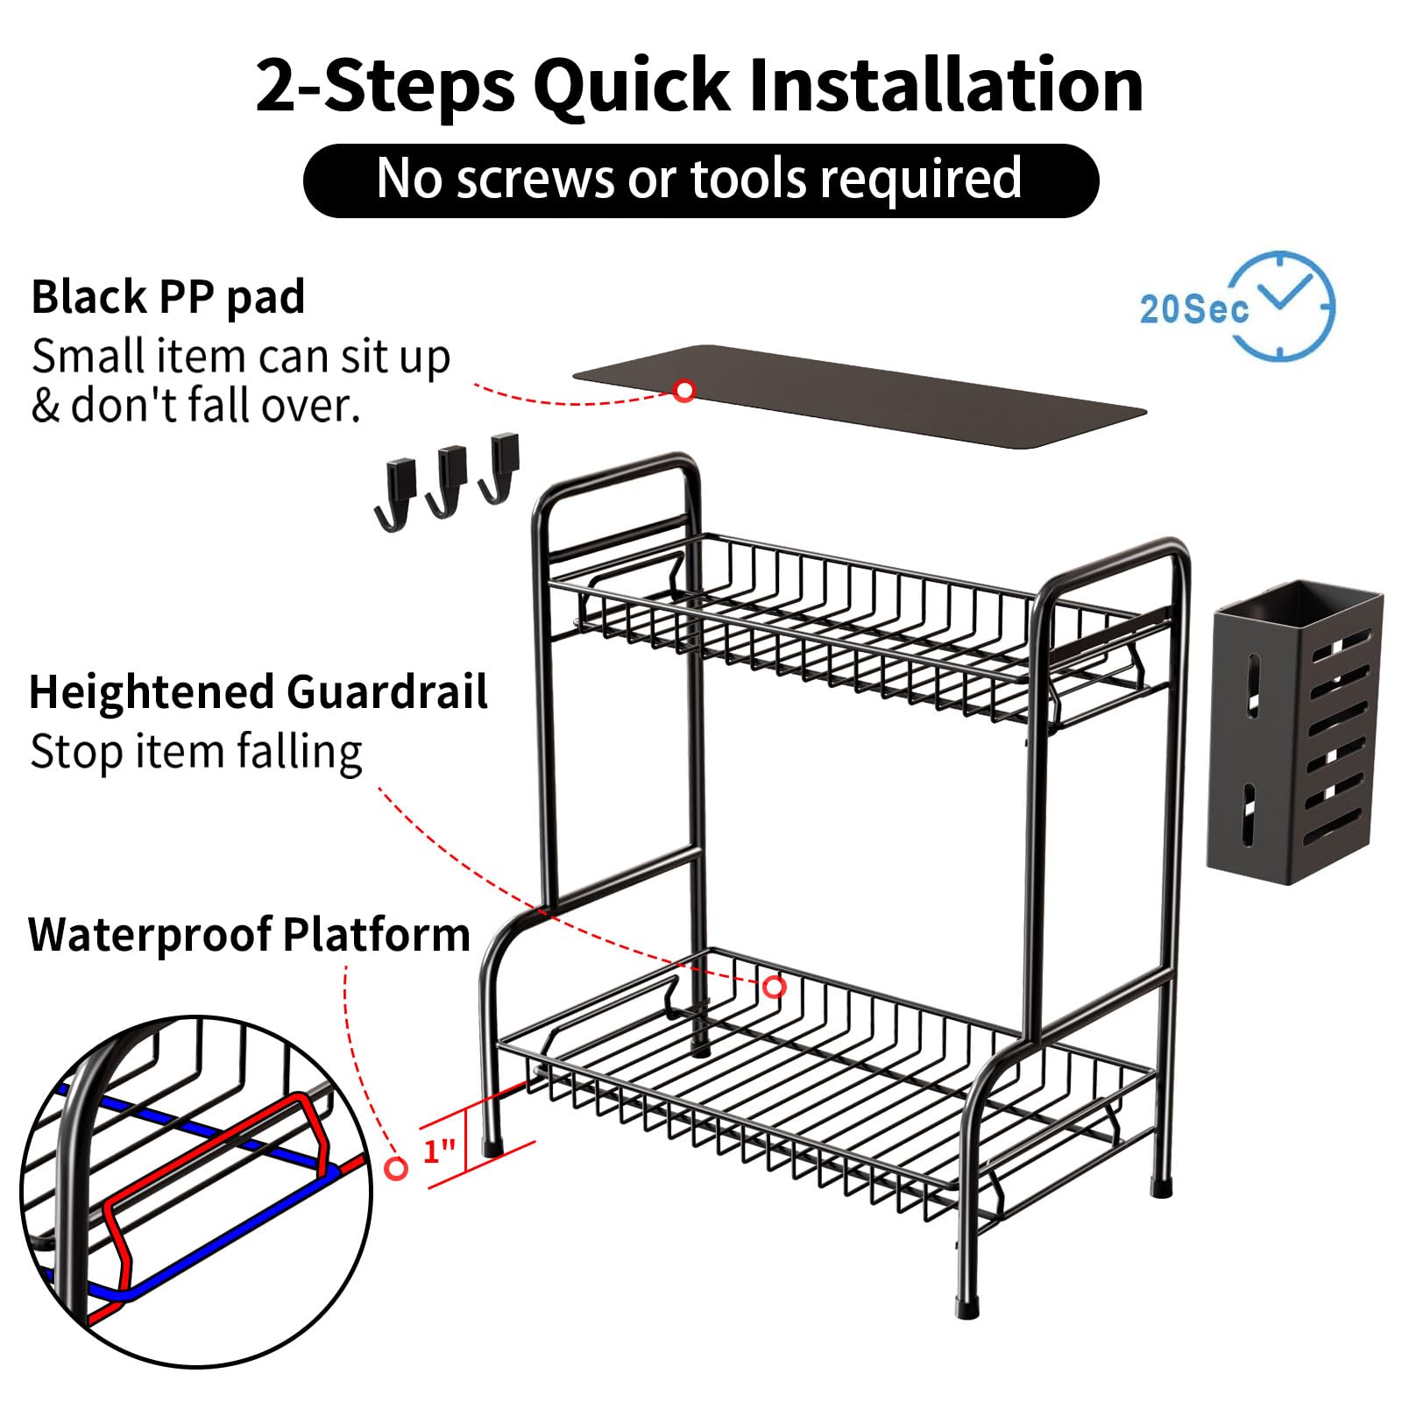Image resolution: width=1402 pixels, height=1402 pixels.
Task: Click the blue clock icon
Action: [1281, 306]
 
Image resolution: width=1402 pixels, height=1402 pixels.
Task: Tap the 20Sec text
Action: [1193, 308]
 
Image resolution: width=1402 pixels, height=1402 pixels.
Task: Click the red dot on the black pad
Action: [684, 390]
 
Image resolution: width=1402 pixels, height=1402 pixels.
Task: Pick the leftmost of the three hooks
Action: [395, 495]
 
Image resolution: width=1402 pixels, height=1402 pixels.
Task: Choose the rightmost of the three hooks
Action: [499, 468]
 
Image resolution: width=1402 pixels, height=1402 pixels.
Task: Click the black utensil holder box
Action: [1294, 731]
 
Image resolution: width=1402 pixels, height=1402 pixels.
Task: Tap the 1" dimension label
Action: [439, 1150]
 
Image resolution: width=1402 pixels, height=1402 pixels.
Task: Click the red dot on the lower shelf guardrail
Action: [774, 988]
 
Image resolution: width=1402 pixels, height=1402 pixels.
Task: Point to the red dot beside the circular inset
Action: [397, 1168]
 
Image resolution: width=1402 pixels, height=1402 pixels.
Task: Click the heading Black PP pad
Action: [168, 297]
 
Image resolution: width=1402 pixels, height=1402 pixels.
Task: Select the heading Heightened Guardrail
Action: [258, 692]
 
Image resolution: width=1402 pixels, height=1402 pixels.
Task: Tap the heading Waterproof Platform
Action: [250, 934]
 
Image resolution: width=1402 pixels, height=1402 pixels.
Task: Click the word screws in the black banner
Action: [535, 179]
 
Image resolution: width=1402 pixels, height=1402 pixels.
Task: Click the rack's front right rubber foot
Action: [967, 1306]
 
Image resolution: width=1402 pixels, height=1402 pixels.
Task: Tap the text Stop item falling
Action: [196, 752]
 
